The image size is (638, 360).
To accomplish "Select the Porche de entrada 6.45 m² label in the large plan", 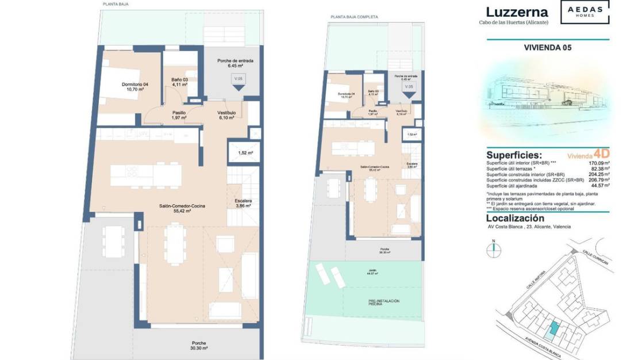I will click(235, 63).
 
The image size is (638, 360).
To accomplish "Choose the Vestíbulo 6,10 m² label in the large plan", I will click(226, 115).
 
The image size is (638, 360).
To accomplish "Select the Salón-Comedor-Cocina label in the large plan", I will click(182, 208).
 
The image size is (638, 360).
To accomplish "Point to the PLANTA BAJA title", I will click(116, 4).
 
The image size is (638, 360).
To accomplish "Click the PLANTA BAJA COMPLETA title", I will click(354, 17).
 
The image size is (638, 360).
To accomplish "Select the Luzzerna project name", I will click(517, 12).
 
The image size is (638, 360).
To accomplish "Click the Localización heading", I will click(515, 219).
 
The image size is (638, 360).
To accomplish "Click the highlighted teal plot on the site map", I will click(553, 328).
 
